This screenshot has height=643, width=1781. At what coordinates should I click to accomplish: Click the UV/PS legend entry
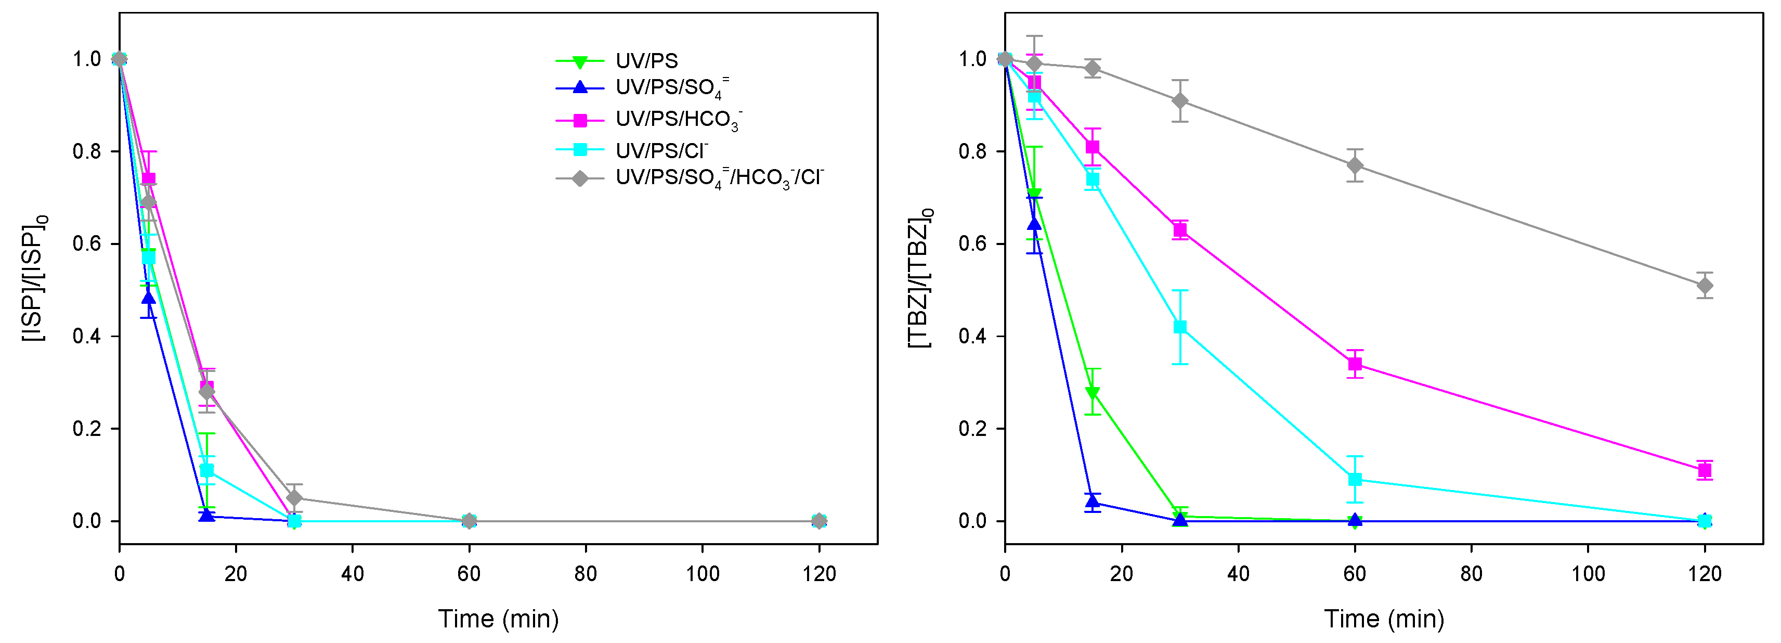[x=646, y=61]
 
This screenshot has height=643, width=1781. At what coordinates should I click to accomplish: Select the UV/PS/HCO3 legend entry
[x=678, y=120]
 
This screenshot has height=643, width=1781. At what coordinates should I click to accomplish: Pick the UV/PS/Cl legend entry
[x=661, y=150]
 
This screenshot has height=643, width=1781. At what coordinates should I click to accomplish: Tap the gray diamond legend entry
[x=719, y=178]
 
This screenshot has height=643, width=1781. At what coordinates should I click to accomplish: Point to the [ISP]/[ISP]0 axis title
[x=34, y=279]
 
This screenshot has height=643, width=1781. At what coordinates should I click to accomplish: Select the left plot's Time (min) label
[x=498, y=619]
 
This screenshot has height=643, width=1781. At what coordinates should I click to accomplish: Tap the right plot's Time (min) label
[x=1384, y=619]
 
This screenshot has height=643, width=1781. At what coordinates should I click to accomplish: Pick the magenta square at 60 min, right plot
[x=1355, y=364]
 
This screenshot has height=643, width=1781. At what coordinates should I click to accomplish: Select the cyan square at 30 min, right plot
[x=1180, y=327]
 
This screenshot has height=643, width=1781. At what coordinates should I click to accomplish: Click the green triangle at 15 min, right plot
[x=1093, y=393]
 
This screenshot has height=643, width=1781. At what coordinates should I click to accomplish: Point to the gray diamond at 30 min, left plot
[x=294, y=498]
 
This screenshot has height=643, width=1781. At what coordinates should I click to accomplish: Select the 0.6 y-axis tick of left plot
[x=87, y=244]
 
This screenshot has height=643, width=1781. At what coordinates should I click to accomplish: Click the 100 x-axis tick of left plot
[x=703, y=574]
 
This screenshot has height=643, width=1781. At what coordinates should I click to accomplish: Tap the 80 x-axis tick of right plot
[x=1471, y=574]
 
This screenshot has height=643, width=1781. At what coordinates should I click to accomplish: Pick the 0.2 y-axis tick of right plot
[x=973, y=429]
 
